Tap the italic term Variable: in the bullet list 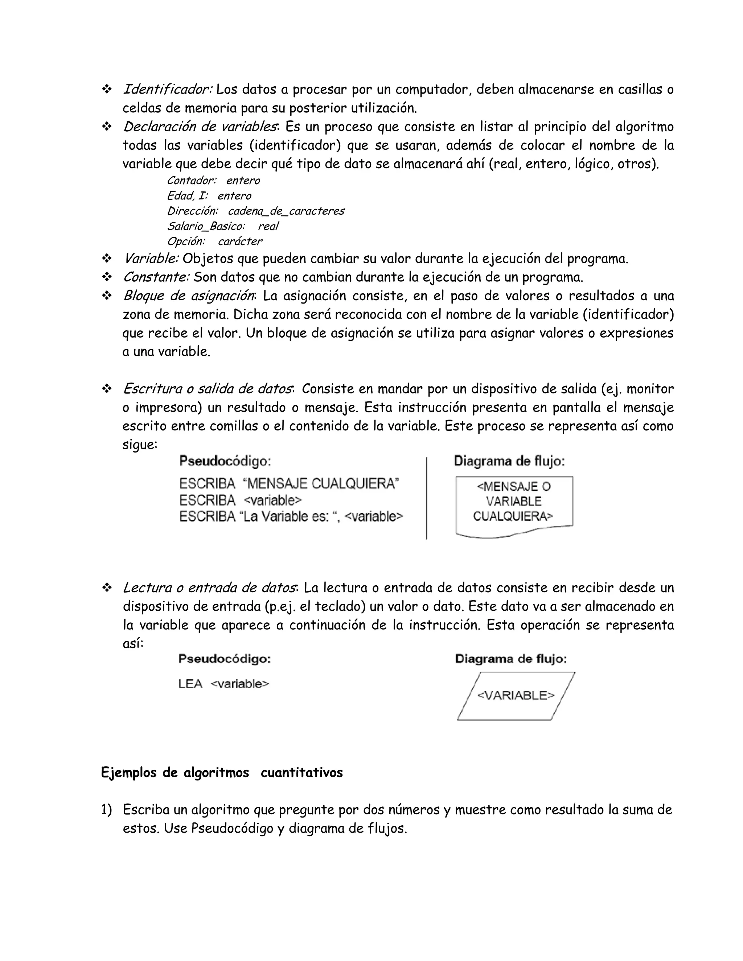[151, 258]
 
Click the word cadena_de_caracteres [286, 211]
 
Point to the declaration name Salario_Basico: [206, 226]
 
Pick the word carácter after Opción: [240, 241]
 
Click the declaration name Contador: [192, 180]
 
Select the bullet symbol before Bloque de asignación [107, 296]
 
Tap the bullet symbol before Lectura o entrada [107, 588]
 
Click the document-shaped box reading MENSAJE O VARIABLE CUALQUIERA [514, 504]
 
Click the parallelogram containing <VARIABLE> [516, 696]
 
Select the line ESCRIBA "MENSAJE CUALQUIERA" [289, 483]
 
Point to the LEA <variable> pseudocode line [223, 684]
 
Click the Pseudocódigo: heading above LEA [224, 659]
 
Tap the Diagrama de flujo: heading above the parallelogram [510, 659]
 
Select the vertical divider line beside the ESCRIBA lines [427, 498]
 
